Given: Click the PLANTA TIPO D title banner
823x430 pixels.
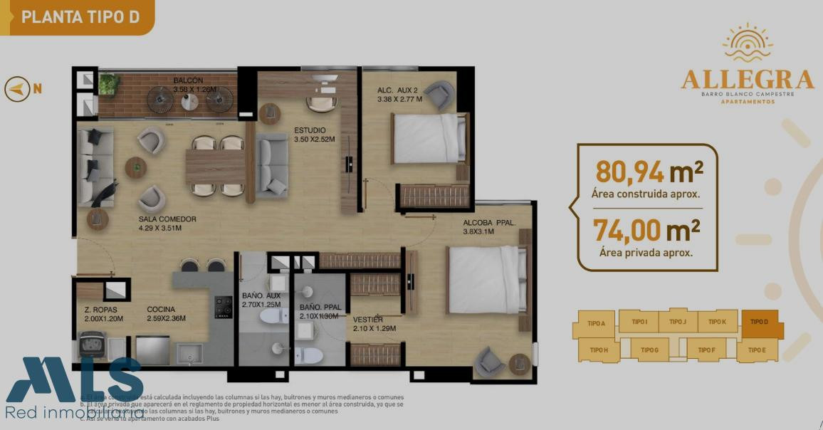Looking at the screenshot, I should pos(80,17).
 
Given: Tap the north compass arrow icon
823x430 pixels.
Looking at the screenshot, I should pos(17,89).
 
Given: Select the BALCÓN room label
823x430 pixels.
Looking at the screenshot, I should pos(188,80).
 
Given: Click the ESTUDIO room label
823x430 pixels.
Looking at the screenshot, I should pos(310,130).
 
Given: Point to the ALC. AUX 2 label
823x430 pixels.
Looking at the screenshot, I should pos(397,90).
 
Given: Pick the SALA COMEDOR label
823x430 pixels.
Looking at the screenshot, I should pos(167,219).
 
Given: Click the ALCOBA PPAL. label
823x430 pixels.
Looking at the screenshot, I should pos(488,222).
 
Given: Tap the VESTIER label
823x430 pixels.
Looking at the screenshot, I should pos(368,320).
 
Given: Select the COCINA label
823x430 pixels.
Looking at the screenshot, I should pos(162,309).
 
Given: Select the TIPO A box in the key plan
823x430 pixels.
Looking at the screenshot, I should pos(596,323).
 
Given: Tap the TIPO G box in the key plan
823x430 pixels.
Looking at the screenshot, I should pos(649,350).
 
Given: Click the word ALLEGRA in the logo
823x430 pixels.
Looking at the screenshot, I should pos(747,79).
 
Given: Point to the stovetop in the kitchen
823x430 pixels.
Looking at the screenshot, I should pos(224,307).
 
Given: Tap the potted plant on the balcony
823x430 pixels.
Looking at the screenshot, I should pos(108,84).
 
